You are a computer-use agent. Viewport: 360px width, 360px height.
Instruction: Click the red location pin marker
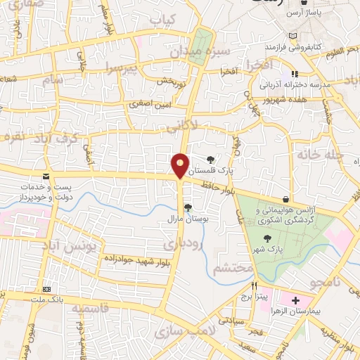click(x=181, y=165)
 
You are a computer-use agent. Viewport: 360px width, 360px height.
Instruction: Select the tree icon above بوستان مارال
click(x=187, y=207)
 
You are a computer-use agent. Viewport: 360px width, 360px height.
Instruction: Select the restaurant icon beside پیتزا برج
click(x=254, y=286)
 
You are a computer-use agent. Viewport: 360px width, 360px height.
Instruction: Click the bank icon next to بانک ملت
click(x=46, y=290)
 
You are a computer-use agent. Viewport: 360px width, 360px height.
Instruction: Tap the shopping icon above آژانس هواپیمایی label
click(x=285, y=199)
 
